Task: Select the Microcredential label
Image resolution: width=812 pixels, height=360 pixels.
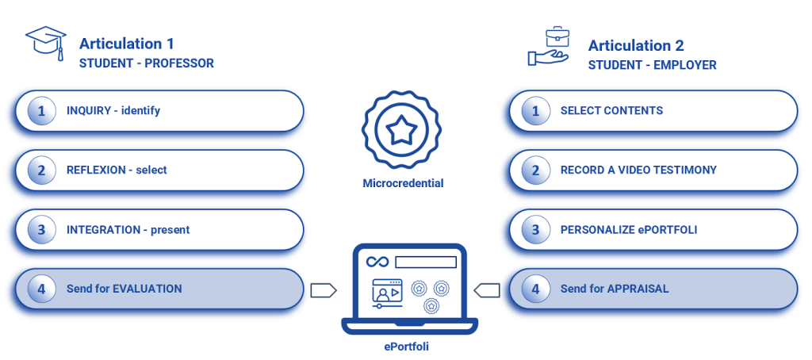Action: [x=403, y=183]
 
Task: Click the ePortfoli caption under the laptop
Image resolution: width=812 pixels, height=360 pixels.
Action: [x=404, y=347]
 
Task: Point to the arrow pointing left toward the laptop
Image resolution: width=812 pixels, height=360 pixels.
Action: [x=486, y=289]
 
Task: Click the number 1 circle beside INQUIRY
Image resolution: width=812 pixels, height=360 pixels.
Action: [x=41, y=111]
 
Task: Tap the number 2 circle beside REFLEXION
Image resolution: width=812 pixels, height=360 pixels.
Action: [x=41, y=170]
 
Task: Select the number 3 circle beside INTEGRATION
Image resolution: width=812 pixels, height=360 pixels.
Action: [x=41, y=230]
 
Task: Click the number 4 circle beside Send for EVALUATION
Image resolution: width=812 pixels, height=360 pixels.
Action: [x=41, y=289]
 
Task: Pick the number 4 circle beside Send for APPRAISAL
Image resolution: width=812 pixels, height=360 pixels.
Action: [x=535, y=289]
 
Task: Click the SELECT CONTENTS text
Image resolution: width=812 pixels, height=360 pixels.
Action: [x=611, y=111]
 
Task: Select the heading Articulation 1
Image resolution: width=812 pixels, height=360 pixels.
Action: [x=127, y=44]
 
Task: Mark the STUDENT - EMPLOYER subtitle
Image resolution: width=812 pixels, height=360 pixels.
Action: [x=652, y=65]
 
